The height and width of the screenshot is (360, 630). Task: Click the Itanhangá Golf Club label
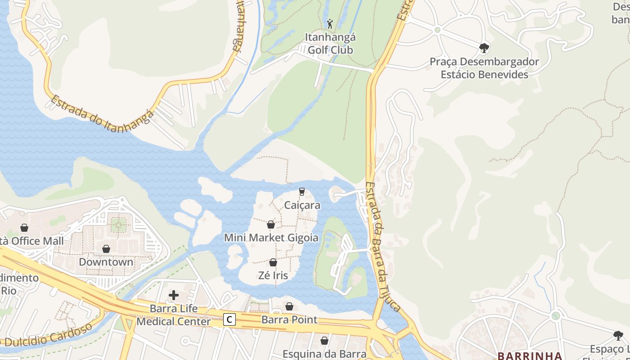point(330,43)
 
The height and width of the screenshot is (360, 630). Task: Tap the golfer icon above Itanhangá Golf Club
point(330,24)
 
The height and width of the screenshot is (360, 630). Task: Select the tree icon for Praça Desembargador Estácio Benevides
point(484,48)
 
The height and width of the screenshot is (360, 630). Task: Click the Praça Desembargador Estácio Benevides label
point(484,68)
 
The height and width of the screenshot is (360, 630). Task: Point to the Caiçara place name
point(302,205)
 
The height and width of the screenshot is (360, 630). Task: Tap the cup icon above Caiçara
point(302,192)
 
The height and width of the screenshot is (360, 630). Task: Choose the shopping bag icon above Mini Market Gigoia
point(271,225)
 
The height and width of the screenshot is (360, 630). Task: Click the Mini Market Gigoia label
point(271,238)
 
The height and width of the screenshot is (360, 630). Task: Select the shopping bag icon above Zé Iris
point(273,262)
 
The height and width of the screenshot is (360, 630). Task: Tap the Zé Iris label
point(273,275)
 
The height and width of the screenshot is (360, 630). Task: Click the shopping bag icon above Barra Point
point(289,306)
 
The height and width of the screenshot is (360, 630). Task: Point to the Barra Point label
point(289,320)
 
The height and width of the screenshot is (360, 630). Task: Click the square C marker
point(229,320)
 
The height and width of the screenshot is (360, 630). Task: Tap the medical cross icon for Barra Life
point(174,295)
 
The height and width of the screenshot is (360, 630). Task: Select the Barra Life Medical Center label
point(174,315)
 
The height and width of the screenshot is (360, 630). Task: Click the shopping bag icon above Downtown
point(106,249)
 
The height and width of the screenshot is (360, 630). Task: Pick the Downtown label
point(106,262)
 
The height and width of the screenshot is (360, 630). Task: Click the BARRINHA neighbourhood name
point(530,355)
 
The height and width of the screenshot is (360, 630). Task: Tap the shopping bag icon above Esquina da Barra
point(324,341)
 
